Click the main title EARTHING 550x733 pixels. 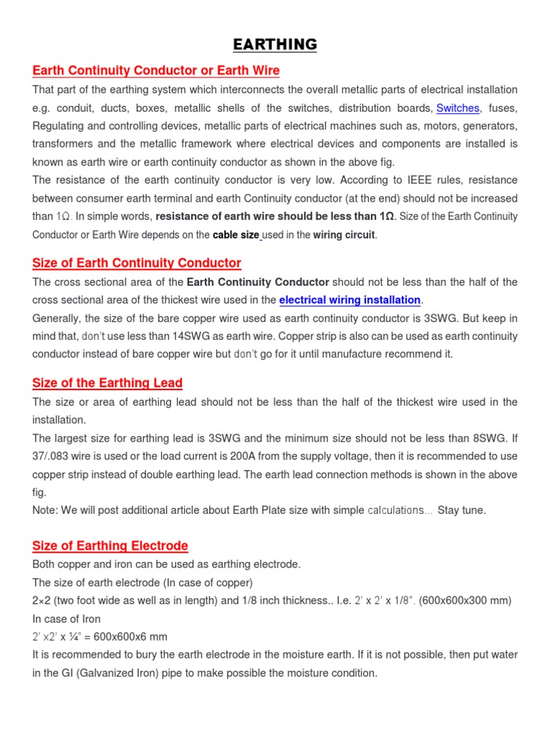point(275,45)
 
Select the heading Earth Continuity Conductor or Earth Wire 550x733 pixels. point(156,70)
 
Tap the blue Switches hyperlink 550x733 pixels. point(458,108)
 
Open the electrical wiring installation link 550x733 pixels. point(350,300)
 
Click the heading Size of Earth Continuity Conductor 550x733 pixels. point(137,263)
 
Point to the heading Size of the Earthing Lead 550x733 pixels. point(107,383)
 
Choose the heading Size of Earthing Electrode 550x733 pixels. point(110,546)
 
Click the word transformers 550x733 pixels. point(63,144)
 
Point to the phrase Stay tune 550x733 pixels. point(461,510)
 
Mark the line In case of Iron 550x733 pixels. point(67,618)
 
